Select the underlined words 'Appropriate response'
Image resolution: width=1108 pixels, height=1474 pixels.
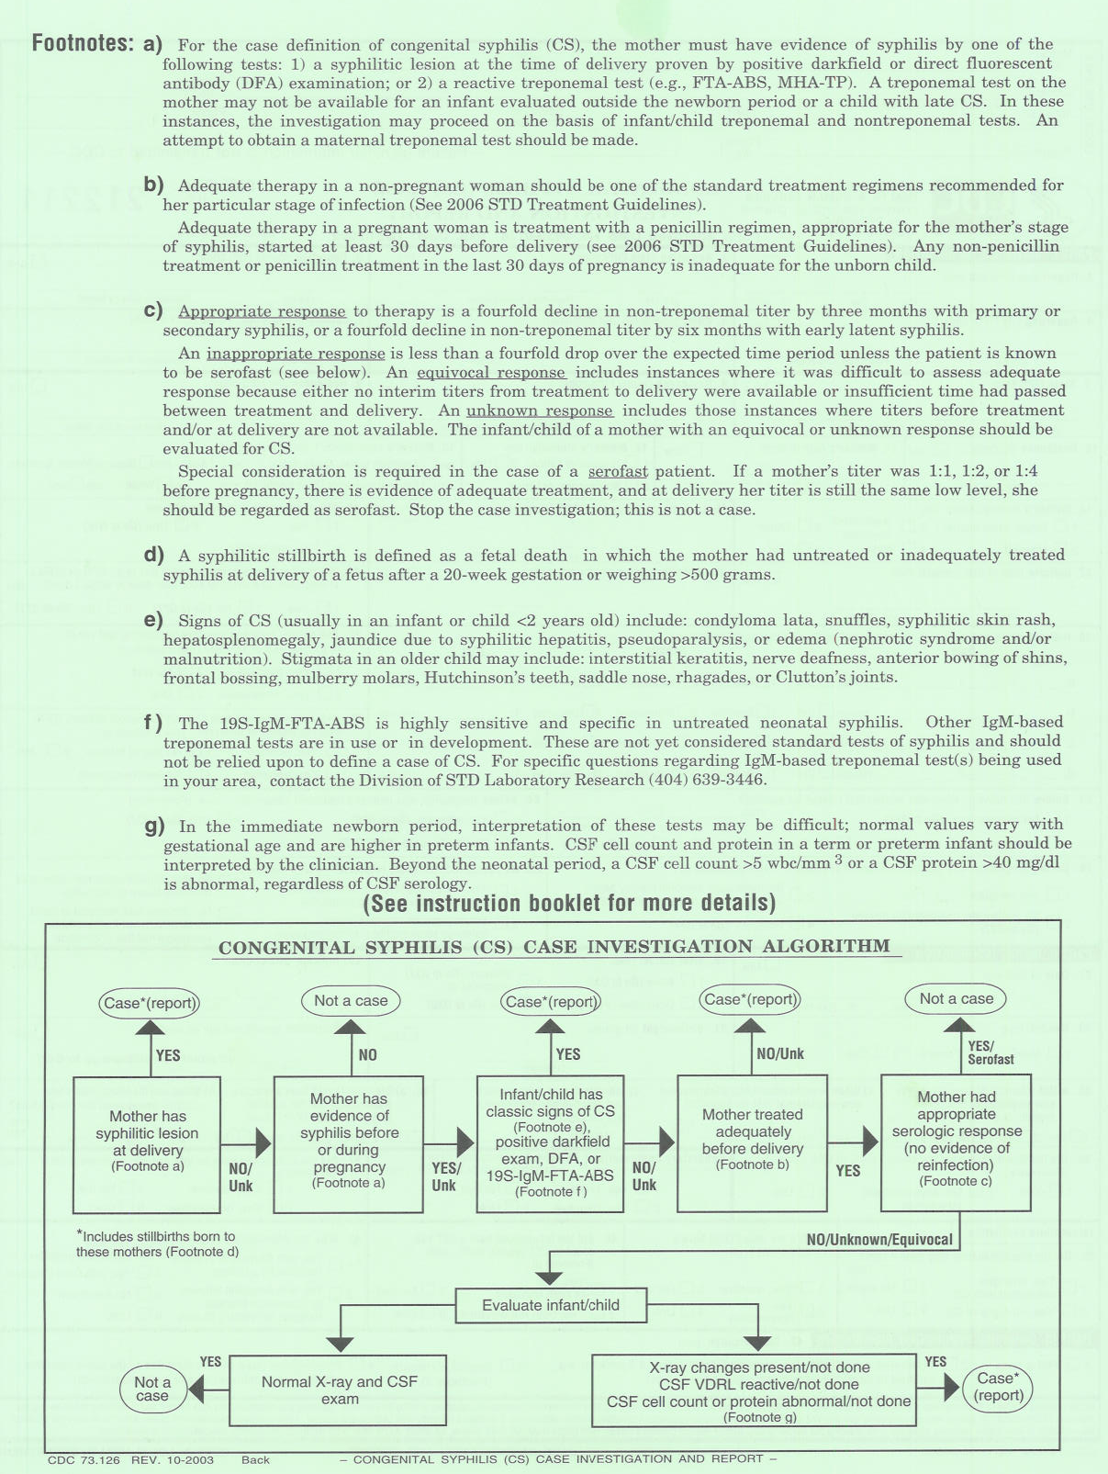point(262,311)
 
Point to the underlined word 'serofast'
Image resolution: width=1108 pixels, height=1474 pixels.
point(618,471)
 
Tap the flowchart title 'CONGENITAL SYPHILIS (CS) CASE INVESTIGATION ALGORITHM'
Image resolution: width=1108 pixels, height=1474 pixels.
point(554,947)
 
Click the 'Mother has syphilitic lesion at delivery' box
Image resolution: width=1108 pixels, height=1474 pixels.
point(147,1143)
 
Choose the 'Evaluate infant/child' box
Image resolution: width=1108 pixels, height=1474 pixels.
point(551,1305)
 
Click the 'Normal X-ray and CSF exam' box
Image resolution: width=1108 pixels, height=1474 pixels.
point(339,1390)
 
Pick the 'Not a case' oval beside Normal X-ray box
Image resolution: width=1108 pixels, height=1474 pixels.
point(152,1389)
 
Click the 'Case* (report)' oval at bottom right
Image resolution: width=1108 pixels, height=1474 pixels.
point(998,1387)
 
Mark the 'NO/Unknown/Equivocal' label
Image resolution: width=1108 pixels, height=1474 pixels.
point(879,1240)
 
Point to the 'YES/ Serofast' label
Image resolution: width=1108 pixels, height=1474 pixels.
point(990,1052)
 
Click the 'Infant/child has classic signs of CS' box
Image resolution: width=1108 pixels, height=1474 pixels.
point(551,1143)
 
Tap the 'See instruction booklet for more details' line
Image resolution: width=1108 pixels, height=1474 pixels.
point(569,904)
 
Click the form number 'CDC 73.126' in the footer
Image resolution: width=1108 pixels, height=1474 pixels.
point(84,1459)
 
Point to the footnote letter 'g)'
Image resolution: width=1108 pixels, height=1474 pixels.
point(154,825)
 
